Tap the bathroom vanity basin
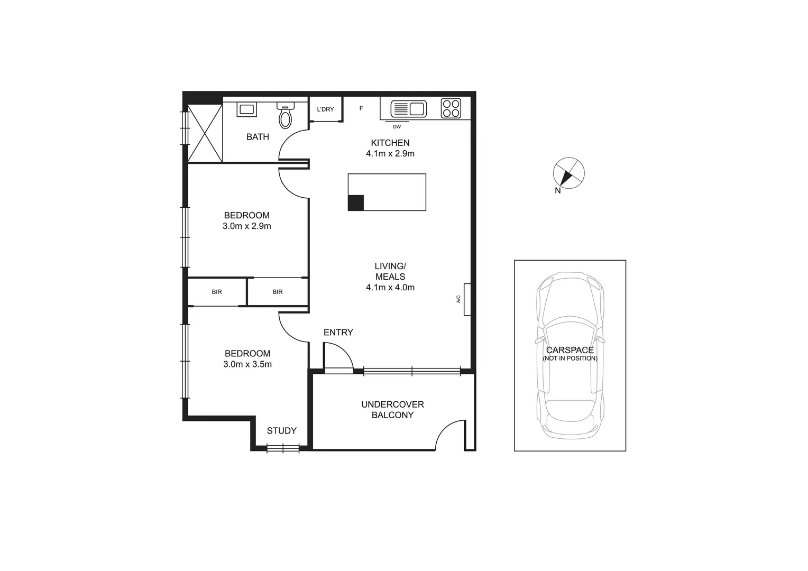(247, 109)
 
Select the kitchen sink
(409, 109)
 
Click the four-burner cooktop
(451, 108)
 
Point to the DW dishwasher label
(397, 126)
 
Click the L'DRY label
(326, 109)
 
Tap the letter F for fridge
(361, 108)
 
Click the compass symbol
(569, 173)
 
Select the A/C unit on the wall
(467, 299)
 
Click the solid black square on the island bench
(356, 202)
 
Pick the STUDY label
(281, 431)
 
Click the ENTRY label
(338, 333)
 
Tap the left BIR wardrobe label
(217, 292)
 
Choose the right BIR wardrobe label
(278, 292)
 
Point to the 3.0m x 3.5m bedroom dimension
(247, 364)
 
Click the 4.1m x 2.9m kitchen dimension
(390, 154)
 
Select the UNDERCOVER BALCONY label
(392, 410)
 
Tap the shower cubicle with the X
(205, 133)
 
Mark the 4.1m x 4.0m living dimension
(390, 288)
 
